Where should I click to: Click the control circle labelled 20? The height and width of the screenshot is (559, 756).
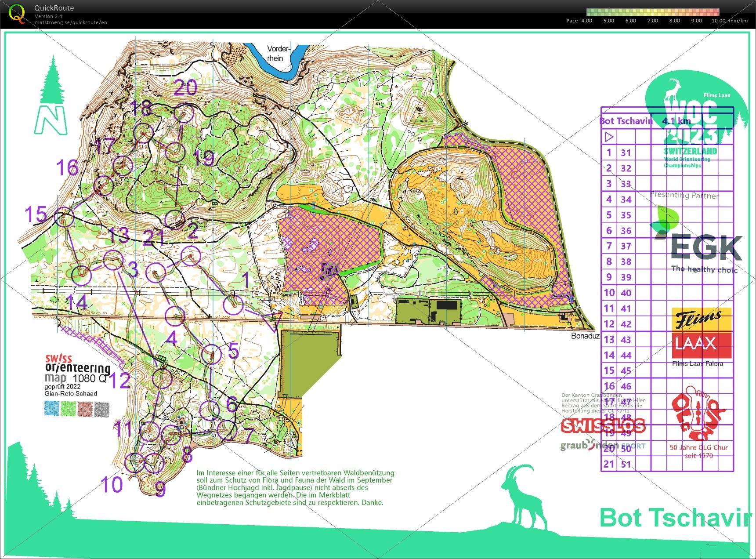184,114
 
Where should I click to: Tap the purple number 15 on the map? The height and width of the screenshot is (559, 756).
36,215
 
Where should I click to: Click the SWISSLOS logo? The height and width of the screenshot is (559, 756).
603,425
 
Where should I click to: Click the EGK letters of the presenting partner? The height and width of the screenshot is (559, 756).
706,248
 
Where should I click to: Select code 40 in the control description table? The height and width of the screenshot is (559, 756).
626,293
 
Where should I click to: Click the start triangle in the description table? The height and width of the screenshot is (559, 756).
609,137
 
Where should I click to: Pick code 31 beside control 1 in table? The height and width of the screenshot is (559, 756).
626,152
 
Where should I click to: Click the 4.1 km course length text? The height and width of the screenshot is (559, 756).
676,121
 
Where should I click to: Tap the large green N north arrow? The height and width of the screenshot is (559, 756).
51,120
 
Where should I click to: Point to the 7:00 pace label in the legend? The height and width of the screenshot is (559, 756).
652,21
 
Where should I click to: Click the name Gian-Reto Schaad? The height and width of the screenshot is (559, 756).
70,394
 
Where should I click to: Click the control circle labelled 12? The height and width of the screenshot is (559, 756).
162,378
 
